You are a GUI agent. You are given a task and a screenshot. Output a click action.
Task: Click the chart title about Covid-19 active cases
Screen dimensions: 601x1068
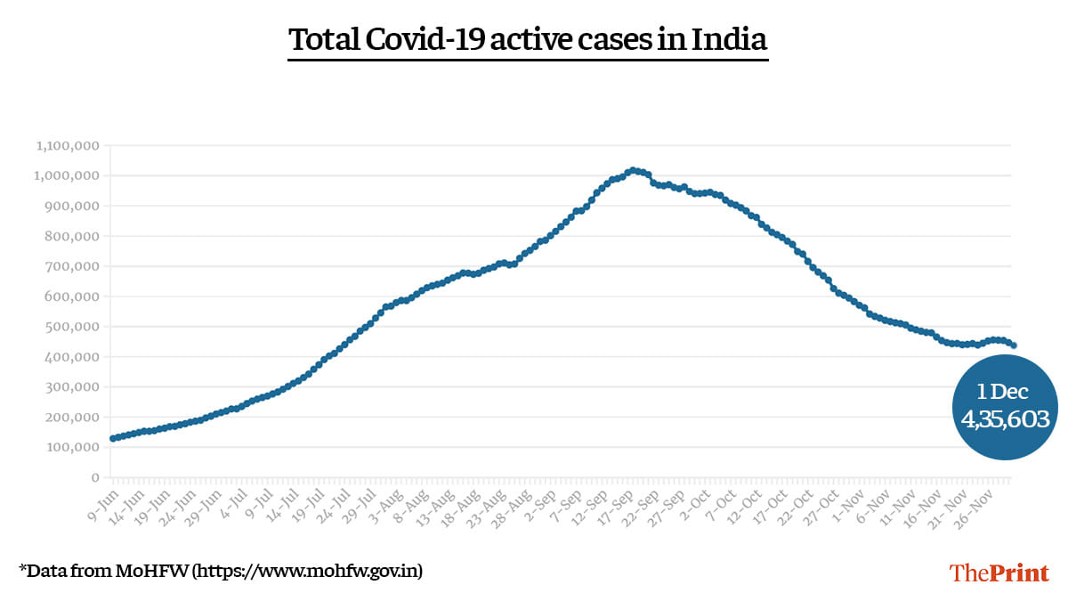click(528, 40)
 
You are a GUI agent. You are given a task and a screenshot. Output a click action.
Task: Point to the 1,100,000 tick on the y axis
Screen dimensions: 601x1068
click(68, 145)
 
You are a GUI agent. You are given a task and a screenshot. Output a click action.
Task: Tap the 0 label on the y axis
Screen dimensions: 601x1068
click(94, 477)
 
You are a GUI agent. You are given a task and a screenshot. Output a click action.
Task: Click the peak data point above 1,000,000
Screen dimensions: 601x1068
click(632, 169)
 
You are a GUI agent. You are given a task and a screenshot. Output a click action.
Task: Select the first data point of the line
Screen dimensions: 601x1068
click(113, 438)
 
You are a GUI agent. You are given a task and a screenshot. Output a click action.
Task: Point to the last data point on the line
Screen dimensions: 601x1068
click(1014, 345)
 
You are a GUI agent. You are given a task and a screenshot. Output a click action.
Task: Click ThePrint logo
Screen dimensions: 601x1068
click(999, 573)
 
